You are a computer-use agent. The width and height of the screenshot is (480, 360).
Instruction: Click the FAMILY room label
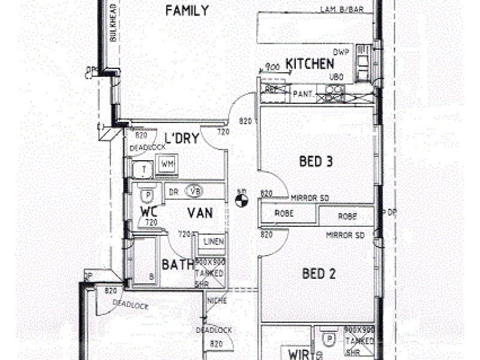tap(187, 11)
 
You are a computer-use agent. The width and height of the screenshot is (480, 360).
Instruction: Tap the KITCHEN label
tap(310, 64)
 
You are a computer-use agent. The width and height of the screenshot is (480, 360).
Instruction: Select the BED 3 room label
tap(316, 161)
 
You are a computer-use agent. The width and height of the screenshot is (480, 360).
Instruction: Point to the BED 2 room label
tap(319, 274)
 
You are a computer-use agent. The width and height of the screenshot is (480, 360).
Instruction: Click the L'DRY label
tap(181, 139)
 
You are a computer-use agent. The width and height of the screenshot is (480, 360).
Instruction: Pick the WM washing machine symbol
tap(167, 164)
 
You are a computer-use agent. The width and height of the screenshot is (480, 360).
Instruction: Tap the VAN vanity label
tap(199, 212)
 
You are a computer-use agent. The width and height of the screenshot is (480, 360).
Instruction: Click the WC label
tap(148, 212)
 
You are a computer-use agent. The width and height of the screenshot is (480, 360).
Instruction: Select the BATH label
tap(178, 265)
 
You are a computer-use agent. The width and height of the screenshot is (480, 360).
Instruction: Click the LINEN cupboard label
tap(214, 242)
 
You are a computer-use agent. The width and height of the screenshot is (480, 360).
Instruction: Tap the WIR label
tap(298, 355)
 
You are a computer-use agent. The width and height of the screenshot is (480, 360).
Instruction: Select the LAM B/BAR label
tap(343, 10)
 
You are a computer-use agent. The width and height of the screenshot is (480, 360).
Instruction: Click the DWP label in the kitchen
tap(341, 52)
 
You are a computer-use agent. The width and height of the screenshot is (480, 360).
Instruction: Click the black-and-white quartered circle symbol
tap(242, 198)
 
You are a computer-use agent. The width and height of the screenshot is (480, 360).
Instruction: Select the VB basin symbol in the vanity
tap(194, 192)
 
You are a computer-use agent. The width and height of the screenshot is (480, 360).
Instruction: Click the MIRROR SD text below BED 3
tap(310, 197)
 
